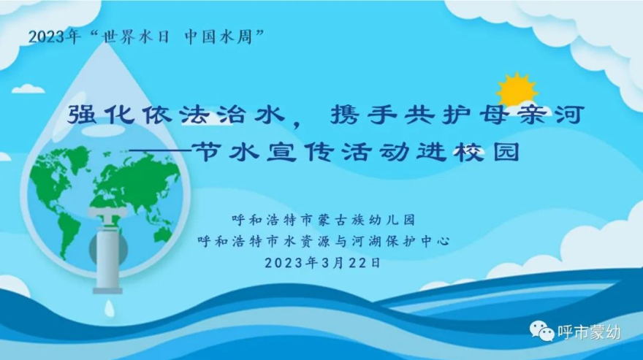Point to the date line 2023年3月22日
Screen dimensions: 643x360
coord(322,262)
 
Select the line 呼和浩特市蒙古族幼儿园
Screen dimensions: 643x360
coord(324,221)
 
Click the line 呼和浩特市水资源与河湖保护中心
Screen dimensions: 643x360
coord(324,241)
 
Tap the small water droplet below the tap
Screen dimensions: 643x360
coord(109,308)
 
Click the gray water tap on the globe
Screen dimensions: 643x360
coord(107,249)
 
